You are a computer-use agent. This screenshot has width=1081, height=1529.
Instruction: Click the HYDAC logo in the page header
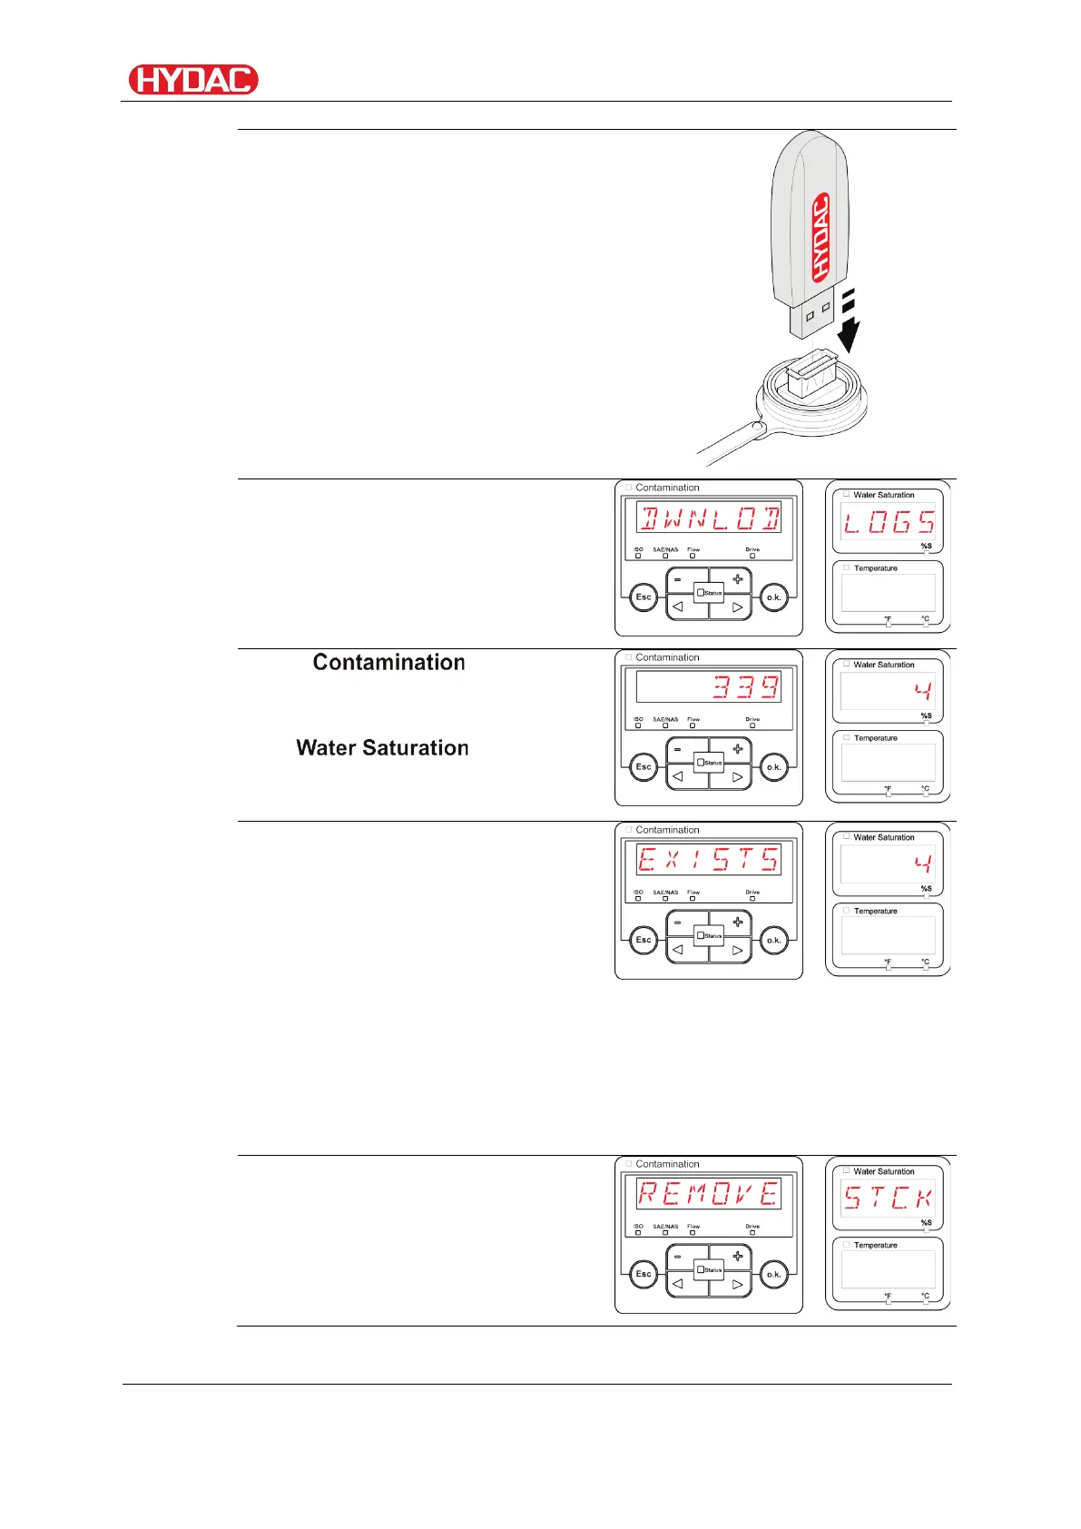193,80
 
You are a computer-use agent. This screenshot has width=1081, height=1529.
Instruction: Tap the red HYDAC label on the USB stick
821,237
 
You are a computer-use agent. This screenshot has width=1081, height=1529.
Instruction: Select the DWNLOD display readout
709,519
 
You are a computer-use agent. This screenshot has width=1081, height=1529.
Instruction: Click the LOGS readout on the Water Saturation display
889,522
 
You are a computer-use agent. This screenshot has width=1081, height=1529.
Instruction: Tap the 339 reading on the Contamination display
745,687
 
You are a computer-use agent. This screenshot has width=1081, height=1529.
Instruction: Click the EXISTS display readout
709,860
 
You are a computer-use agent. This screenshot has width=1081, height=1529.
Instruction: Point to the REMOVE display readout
709,1194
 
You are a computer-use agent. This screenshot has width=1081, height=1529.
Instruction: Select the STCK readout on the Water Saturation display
889,1198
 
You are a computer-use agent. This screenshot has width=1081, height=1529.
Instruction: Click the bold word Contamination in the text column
389,662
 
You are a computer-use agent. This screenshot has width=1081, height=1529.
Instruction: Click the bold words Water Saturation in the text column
382,747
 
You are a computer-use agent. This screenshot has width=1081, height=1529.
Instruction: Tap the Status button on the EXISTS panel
709,935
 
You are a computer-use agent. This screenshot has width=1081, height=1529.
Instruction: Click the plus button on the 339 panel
737,749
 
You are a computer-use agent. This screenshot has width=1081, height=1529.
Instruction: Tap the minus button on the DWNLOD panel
678,579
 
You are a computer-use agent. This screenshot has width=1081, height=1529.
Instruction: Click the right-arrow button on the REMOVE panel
737,1285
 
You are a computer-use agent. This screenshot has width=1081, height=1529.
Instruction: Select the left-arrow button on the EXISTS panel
678,951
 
